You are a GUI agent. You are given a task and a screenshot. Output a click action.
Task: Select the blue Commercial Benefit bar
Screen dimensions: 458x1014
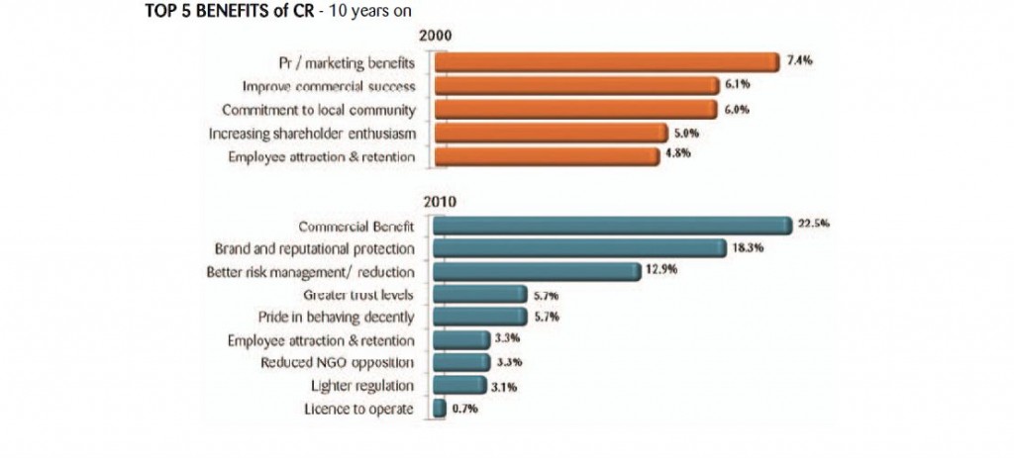[x=612, y=225]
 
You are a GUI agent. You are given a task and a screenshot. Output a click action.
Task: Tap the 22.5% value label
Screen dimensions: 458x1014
[x=813, y=224]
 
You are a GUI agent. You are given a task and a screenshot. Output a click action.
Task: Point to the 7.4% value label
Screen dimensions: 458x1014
[x=799, y=60]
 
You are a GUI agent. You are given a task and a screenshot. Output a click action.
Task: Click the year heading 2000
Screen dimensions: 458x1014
[x=436, y=37]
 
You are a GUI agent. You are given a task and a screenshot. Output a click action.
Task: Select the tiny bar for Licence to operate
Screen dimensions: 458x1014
[x=440, y=409]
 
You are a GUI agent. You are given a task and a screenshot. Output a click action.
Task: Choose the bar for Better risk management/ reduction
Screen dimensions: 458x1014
[x=536, y=271]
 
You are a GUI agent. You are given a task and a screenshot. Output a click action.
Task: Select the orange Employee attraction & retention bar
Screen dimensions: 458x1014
[x=546, y=157]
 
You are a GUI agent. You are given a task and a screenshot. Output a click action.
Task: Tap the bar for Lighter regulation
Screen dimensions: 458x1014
[x=457, y=386]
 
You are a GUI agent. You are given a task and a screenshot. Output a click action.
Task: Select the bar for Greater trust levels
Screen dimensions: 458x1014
[x=479, y=294]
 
